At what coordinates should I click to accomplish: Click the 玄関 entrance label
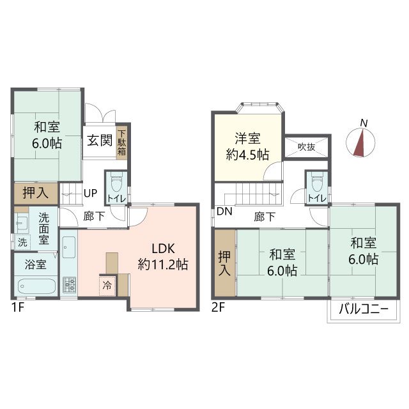pos(100,141)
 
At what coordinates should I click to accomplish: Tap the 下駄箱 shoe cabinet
pos(121,143)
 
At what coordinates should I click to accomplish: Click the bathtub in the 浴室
pos(36,286)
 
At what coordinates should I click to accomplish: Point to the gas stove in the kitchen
pos(69,285)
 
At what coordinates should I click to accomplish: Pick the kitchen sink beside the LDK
pos(69,247)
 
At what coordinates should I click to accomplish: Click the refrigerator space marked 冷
pos(107,286)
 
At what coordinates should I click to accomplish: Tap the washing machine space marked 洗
pos(22,242)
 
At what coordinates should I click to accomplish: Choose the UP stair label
pos(91,193)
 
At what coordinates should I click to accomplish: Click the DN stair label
pos(224,212)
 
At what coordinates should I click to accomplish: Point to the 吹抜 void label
pos(307,147)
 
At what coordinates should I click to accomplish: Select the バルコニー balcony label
pos(364,309)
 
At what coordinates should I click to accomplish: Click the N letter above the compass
pos(364,123)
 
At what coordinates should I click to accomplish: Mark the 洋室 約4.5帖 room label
pos(247,146)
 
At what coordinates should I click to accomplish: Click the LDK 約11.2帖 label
pos(163,257)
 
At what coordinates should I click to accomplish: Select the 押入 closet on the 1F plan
pos(36,193)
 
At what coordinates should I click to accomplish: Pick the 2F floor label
pos(218,308)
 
